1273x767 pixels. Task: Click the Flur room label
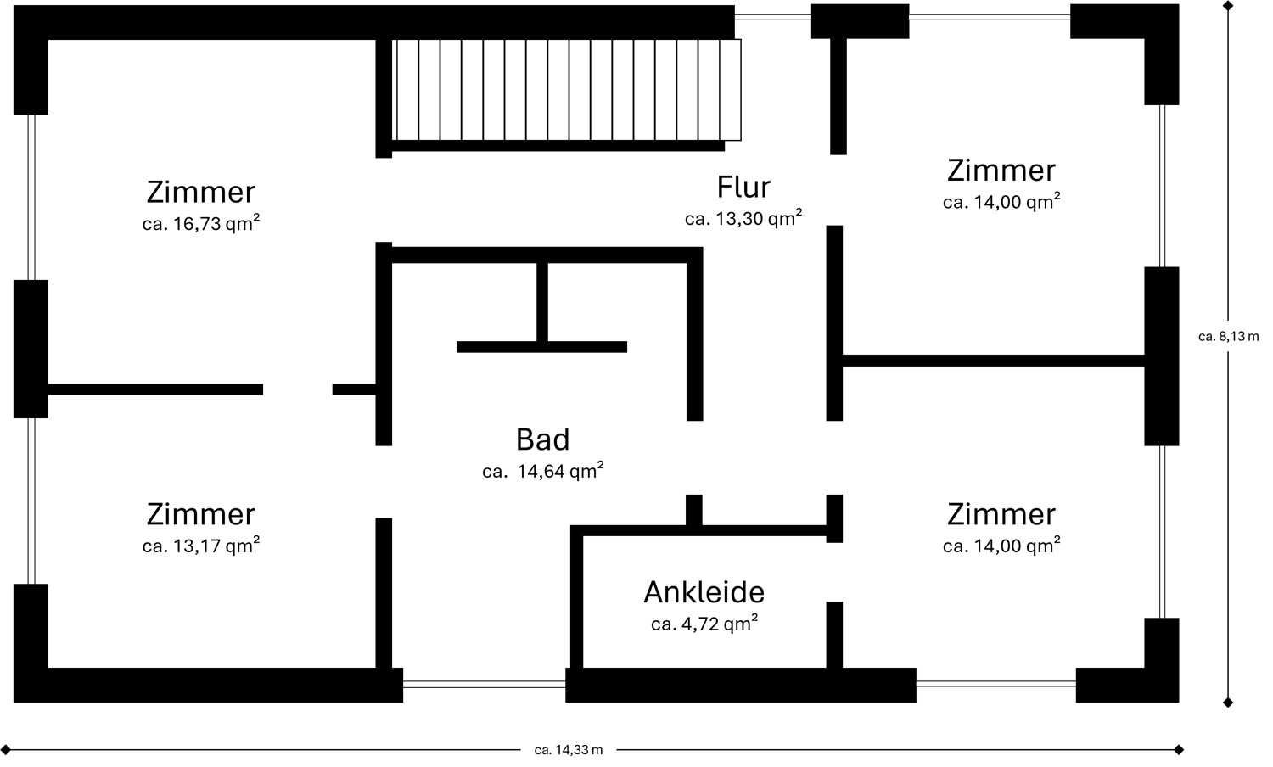tap(743, 188)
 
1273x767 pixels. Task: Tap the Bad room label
tap(542, 439)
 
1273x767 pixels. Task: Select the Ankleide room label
tap(704, 592)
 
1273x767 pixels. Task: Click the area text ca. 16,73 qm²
tap(201, 225)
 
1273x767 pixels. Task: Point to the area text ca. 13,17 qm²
tap(201, 546)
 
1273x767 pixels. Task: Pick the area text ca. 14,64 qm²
tap(543, 472)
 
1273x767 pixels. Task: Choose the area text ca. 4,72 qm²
tap(704, 624)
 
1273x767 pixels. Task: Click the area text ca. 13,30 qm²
tap(743, 219)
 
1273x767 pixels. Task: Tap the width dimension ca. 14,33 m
tap(569, 750)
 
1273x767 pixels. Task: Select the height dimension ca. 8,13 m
tap(1228, 337)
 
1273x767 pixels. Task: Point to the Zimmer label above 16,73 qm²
tap(201, 193)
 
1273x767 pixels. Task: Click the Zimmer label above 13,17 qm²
tap(201, 514)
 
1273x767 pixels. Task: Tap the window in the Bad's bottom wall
tap(484, 684)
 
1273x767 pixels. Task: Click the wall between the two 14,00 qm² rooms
tap(993, 361)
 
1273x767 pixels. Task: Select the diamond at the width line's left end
tap(7, 750)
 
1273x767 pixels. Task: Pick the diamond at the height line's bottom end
tap(1228, 703)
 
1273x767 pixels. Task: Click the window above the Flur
tap(772, 17)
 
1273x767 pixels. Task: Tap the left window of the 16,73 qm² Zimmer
tap(31, 197)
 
